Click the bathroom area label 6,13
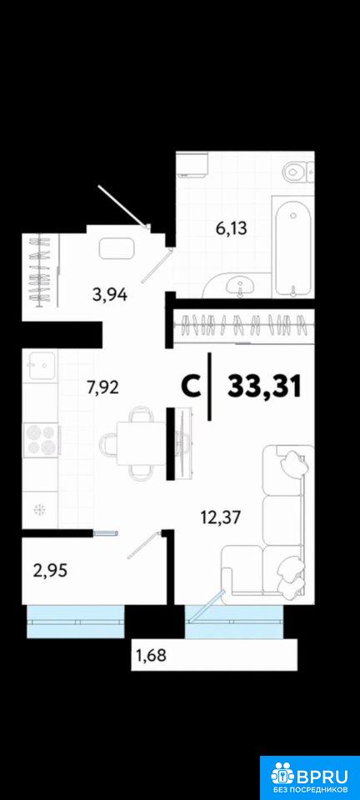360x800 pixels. coord(232,228)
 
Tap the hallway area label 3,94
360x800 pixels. coord(110,294)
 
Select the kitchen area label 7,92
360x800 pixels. coord(102,387)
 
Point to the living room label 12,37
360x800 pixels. coord(220,518)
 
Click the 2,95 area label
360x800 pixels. coord(50,569)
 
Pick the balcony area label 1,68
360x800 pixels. coord(151,653)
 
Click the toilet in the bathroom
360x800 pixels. coord(297,172)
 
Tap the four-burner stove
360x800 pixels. coord(42,439)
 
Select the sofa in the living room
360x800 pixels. coord(266,520)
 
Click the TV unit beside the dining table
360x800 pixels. coord(182,442)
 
